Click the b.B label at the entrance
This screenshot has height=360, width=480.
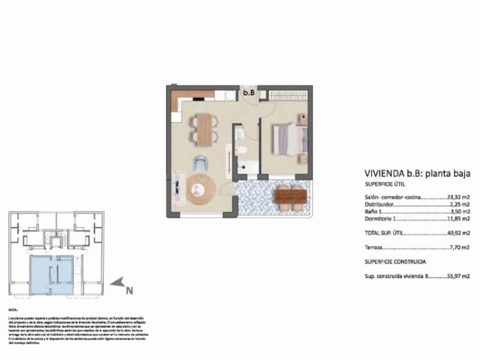pyautogui.click(x=248, y=93)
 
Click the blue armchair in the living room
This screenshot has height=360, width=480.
pyautogui.click(x=202, y=163)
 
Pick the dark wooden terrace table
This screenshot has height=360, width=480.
pyautogui.click(x=291, y=196)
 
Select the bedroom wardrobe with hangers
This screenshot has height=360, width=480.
pyautogui.click(x=287, y=95)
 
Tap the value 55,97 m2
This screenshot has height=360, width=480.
pyautogui.click(x=459, y=277)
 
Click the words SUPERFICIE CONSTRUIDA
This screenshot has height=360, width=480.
pyautogui.click(x=395, y=262)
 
